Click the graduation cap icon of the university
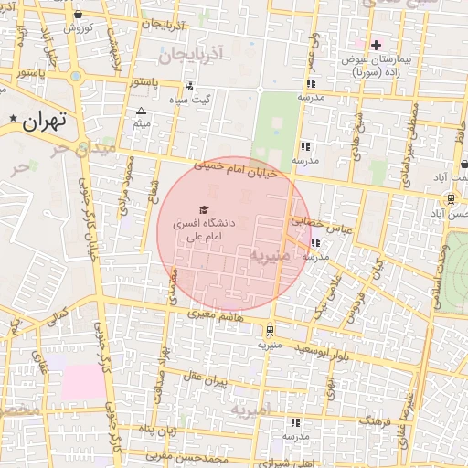tap(202, 209)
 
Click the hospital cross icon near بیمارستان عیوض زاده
tap(376, 44)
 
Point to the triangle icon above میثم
tap(141, 111)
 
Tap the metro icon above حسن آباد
tap(451, 198)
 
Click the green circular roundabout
tap(76, 76)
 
